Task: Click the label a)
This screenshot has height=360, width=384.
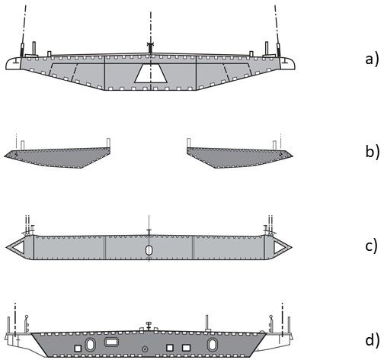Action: pos(372,59)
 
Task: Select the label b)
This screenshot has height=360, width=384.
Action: pos(373,151)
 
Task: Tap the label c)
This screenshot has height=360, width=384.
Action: pos(372,246)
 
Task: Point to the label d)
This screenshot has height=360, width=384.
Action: pos(373,339)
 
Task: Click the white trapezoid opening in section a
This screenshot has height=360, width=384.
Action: pos(151,73)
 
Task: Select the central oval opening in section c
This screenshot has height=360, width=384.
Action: pos(149,250)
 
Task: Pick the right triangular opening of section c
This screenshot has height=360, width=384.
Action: pos(280,247)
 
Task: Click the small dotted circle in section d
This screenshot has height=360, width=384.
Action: pos(145,349)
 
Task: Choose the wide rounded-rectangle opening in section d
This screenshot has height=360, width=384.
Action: pos(110,342)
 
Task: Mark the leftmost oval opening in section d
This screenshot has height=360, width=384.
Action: pos(90,345)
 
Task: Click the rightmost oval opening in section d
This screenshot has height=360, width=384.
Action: pos(213,345)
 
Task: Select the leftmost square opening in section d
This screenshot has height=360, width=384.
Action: pos(78,348)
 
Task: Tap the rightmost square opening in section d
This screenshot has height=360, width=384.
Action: pos(187,348)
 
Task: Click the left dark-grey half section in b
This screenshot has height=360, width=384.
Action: pos(59,157)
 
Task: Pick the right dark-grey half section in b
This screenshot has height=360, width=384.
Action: pos(238,157)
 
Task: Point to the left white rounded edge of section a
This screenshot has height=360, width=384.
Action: pos(13,63)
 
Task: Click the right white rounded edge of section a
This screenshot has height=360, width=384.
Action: pos(287,63)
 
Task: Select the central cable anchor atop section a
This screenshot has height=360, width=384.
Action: pos(151,48)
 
